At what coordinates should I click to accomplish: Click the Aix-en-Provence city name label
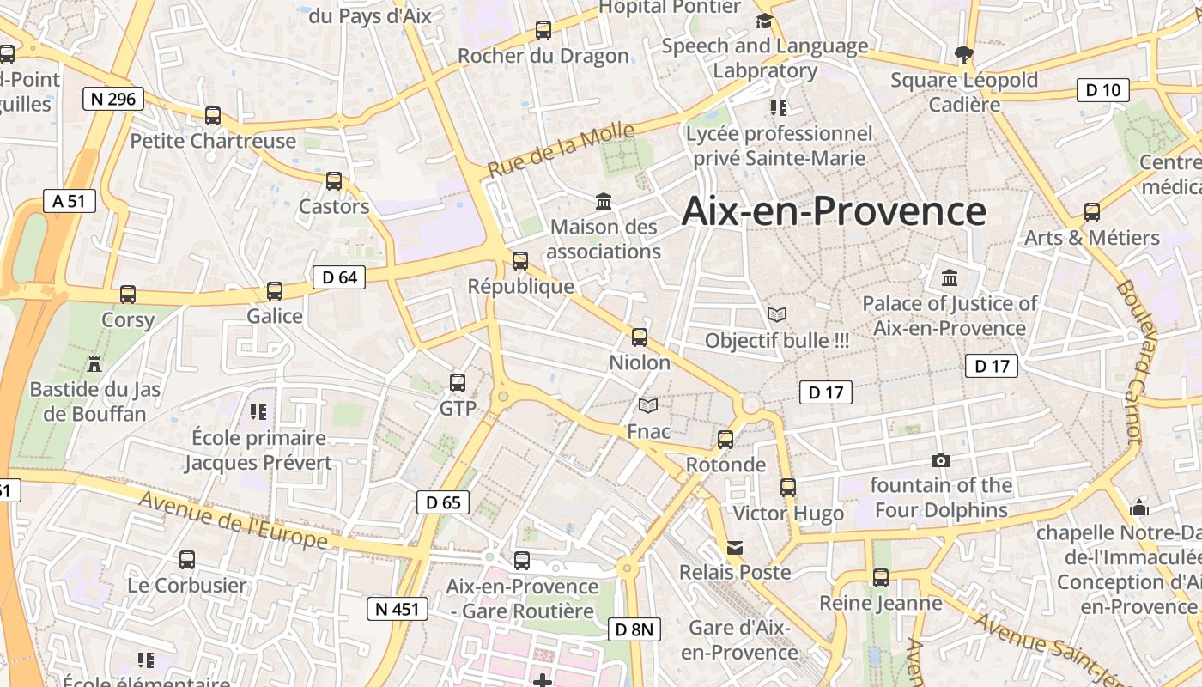(x=834, y=211)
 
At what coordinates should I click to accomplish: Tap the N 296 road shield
(x=113, y=99)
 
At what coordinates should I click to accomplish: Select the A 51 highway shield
(x=70, y=201)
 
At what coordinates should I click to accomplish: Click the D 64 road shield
(x=339, y=277)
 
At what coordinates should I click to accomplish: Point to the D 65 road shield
(x=443, y=502)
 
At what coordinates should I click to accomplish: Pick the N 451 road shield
(x=396, y=609)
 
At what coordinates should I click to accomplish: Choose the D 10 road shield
(x=1103, y=89)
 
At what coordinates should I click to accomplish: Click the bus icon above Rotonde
(x=725, y=440)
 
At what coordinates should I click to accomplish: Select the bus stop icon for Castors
(x=334, y=181)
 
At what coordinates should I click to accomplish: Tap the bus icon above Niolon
(x=640, y=337)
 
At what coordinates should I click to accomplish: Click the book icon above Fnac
(x=649, y=405)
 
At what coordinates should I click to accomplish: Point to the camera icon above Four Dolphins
(x=941, y=460)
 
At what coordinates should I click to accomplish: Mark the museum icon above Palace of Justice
(x=950, y=278)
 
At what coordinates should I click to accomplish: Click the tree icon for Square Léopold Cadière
(x=964, y=55)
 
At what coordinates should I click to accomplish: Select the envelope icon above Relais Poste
(x=735, y=547)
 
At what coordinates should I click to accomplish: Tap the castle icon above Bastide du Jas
(x=94, y=364)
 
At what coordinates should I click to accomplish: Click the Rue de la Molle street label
(x=561, y=149)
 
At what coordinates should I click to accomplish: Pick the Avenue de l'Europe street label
(x=232, y=520)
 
